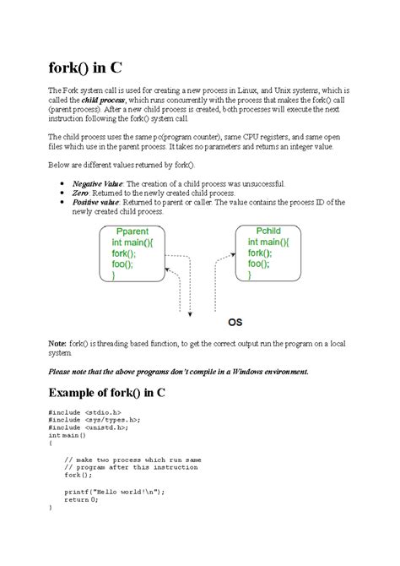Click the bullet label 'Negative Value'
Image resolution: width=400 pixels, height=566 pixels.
[x=98, y=183]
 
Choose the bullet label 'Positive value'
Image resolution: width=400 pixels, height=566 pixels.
[x=95, y=202]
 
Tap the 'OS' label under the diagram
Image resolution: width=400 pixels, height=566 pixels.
[x=237, y=322]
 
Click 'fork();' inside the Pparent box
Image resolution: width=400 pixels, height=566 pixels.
[x=127, y=253]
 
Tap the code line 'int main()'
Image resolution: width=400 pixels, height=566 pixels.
[x=68, y=434]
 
